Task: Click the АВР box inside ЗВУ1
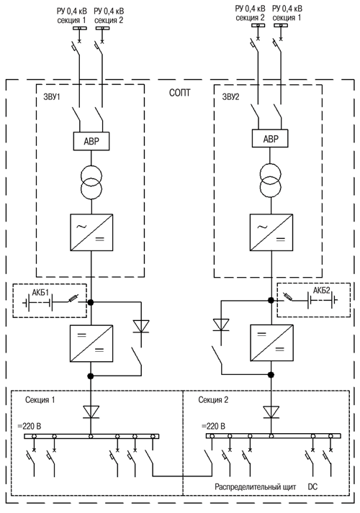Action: click(91, 141)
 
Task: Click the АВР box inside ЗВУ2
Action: click(270, 138)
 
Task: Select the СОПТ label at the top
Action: click(180, 93)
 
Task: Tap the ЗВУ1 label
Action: click(52, 97)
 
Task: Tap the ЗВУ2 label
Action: click(230, 97)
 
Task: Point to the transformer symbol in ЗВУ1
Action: click(91, 183)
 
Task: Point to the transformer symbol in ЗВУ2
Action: click(270, 181)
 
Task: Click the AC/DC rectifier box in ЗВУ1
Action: click(91, 232)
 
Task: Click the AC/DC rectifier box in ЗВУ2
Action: click(271, 232)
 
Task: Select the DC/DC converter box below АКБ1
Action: click(91, 343)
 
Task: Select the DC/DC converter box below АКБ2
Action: click(271, 342)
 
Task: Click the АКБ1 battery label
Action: click(40, 293)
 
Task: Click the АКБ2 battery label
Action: click(322, 290)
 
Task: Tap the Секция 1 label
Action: click(40, 400)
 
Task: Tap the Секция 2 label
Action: click(213, 400)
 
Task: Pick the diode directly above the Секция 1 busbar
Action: click(91, 412)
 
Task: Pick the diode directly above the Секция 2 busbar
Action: click(271, 412)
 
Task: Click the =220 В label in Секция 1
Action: click(29, 426)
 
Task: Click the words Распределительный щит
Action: click(256, 487)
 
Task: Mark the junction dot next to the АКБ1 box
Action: click(91, 303)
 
